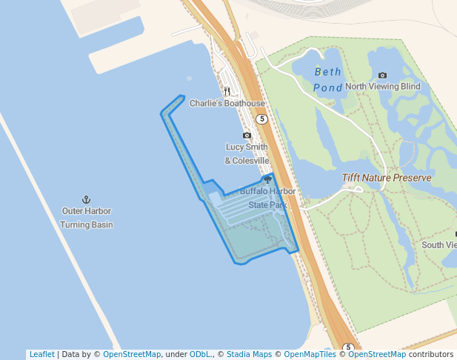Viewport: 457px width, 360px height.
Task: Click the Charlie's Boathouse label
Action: [227, 103]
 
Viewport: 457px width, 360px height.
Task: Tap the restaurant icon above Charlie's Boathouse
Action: [227, 92]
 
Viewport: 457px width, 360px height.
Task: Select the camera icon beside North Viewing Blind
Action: [382, 75]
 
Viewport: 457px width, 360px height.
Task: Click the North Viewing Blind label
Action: [382, 87]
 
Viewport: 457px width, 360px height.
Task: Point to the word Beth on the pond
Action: [328, 72]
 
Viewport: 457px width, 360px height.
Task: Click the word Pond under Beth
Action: [327, 87]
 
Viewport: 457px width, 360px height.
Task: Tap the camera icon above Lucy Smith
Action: [247, 136]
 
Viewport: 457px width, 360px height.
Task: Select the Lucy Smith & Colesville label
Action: [247, 154]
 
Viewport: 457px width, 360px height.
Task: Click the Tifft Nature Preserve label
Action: [387, 178]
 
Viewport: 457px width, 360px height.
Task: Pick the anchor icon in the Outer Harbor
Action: [86, 200]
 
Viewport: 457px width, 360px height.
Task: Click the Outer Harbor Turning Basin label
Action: [86, 218]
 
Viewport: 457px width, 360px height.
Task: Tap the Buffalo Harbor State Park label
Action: [267, 198]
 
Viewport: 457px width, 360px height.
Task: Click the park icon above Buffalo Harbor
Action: [267, 180]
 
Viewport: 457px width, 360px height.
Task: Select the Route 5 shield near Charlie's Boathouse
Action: [261, 119]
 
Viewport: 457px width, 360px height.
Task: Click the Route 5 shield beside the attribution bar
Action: [349, 347]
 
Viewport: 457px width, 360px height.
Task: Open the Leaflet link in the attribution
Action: [41, 355]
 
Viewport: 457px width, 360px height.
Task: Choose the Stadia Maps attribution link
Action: [249, 355]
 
